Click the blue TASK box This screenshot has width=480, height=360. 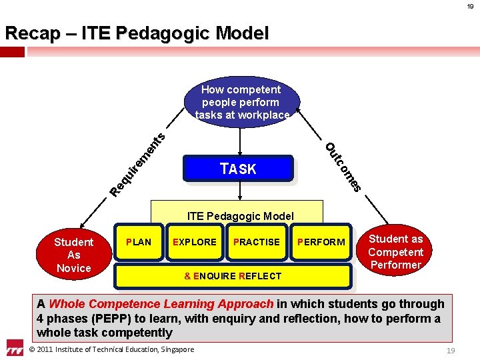[238, 169]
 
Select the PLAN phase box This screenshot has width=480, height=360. [139, 242]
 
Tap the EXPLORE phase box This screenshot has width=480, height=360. [195, 242]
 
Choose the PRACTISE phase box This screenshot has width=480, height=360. [257, 242]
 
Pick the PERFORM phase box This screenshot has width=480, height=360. [321, 242]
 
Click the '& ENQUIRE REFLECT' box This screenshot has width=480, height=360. [233, 276]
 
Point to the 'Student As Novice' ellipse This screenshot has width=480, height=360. [73, 255]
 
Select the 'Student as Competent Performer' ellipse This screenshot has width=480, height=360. [395, 251]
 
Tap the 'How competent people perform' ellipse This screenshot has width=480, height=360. [241, 102]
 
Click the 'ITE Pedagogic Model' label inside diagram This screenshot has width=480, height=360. [240, 215]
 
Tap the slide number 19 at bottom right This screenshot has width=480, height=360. [451, 350]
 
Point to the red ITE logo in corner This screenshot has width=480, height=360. [15, 349]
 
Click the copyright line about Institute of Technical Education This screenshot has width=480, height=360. [112, 349]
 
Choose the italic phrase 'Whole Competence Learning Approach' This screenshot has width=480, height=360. [161, 304]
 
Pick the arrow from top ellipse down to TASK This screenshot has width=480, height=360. [240, 141]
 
